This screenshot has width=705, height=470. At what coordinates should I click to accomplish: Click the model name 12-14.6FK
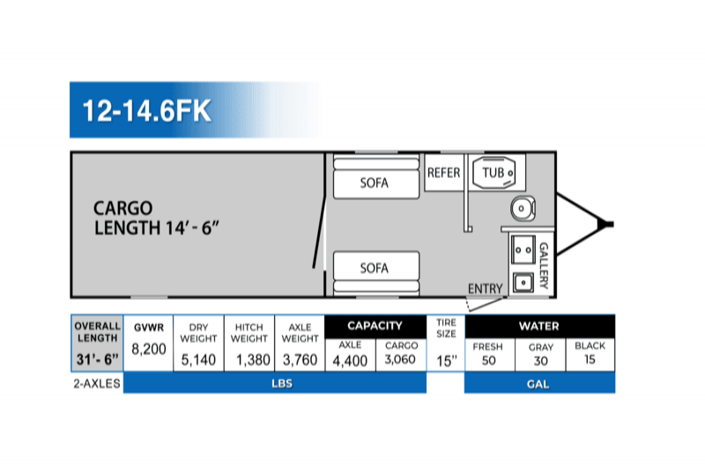pos(146,110)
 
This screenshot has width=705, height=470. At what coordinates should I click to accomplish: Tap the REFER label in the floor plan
pos(444,173)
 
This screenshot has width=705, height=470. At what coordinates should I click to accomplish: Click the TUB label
pos(493,172)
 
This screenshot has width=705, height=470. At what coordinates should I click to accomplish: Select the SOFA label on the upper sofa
pos(374,183)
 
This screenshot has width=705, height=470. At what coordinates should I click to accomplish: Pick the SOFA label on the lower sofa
pos(374,268)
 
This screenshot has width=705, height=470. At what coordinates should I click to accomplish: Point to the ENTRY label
pos(486,288)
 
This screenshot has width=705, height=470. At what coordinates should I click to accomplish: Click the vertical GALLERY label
pos(544,265)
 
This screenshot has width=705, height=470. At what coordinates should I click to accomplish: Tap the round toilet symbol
pos(523,209)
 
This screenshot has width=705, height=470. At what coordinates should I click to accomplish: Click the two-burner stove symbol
pos(523,250)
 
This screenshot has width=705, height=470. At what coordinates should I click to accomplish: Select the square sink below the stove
pos(523,283)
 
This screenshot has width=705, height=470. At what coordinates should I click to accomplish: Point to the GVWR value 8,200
pos(149,349)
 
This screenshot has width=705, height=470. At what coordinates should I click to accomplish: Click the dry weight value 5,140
pos(198,360)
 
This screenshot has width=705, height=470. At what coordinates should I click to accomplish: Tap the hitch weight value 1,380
pos(253,360)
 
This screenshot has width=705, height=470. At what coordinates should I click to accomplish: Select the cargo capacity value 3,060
pos(400,360)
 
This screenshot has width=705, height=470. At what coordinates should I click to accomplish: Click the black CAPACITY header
pos(375,325)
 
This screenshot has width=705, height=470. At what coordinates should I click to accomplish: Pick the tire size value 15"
pos(447,362)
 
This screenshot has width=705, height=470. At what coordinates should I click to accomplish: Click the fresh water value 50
pos(489,361)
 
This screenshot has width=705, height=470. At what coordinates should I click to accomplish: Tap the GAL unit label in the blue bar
pos(538,384)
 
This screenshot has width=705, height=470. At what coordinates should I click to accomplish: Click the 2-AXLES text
pos(97,384)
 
